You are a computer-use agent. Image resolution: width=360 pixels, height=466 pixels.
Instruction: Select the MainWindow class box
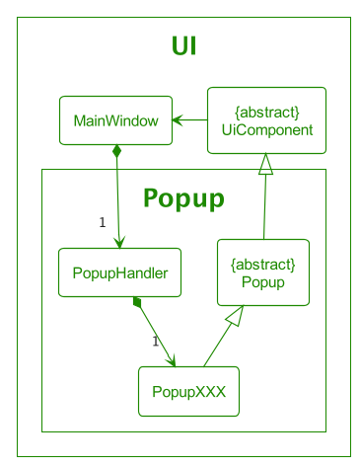115,120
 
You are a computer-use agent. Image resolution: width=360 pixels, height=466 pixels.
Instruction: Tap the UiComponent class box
266,120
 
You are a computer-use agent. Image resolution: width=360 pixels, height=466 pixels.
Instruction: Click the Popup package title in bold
183,197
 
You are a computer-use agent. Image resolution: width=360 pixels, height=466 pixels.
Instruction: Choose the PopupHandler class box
119,272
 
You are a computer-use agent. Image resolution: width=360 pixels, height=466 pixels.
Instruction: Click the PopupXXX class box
188,391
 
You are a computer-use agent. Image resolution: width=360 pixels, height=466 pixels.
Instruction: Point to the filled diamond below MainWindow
116,152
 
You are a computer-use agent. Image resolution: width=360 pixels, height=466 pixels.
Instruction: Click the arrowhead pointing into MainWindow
178,120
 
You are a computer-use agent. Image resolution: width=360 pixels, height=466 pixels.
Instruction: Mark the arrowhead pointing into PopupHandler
119,242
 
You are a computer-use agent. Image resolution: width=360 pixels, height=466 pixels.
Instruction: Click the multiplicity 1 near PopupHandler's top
103,222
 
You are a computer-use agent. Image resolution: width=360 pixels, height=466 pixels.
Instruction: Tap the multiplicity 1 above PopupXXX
155,342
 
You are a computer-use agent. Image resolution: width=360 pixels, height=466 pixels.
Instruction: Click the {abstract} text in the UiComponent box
266,111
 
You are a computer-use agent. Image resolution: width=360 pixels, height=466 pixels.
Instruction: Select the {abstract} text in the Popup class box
262,264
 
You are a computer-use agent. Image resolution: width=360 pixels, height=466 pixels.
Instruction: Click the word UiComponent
266,129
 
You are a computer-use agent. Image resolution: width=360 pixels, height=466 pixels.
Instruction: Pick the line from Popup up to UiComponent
264,207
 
